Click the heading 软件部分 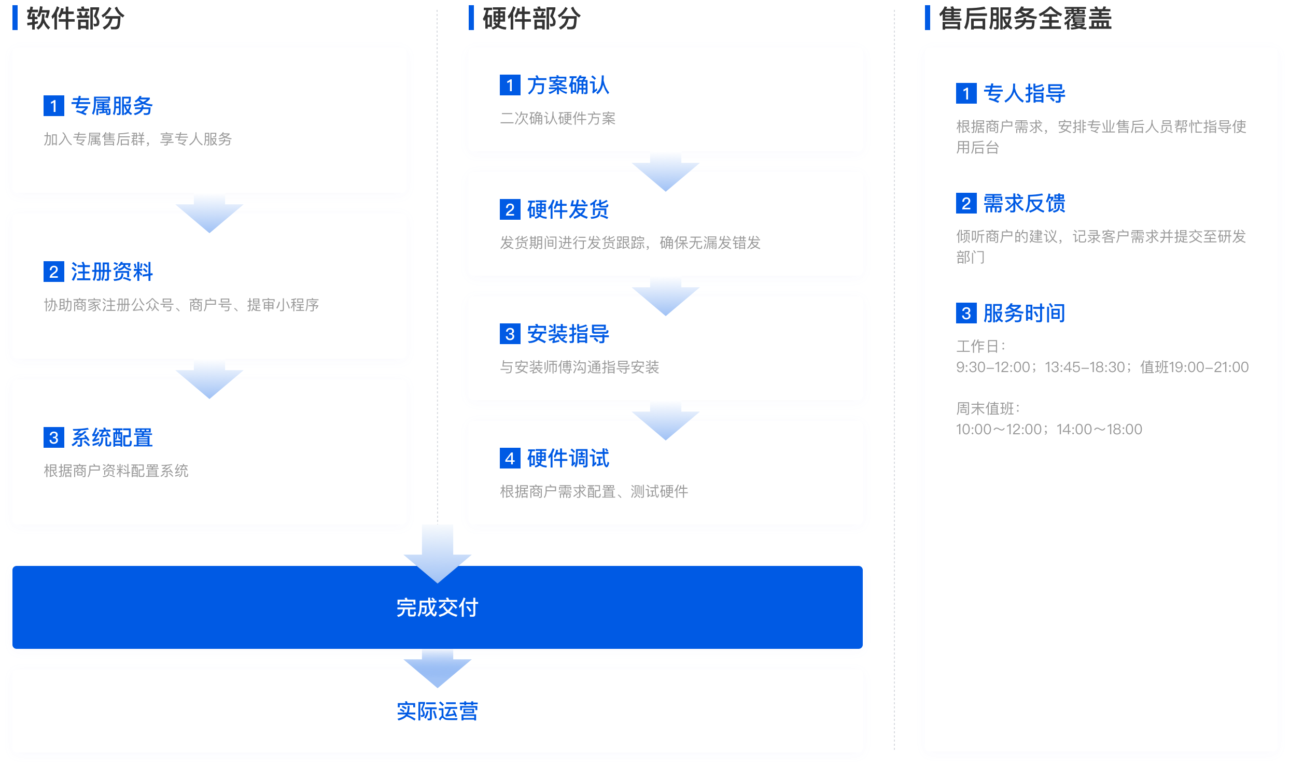[75, 19]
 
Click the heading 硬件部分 [531, 19]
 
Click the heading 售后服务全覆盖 [1025, 19]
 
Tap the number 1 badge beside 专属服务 [53, 106]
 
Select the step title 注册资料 [111, 272]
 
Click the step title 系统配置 [111, 437]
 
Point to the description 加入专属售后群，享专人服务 [137, 139]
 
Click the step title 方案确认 [568, 85]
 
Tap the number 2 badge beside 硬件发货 [510, 209]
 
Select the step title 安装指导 [568, 334]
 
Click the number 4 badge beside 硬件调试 [510, 458]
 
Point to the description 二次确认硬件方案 [557, 118]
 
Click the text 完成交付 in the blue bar [437, 607]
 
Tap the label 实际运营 [437, 711]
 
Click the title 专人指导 [1024, 93]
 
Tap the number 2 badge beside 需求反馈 [966, 203]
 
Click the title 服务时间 [1024, 313]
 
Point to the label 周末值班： [988, 408]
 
